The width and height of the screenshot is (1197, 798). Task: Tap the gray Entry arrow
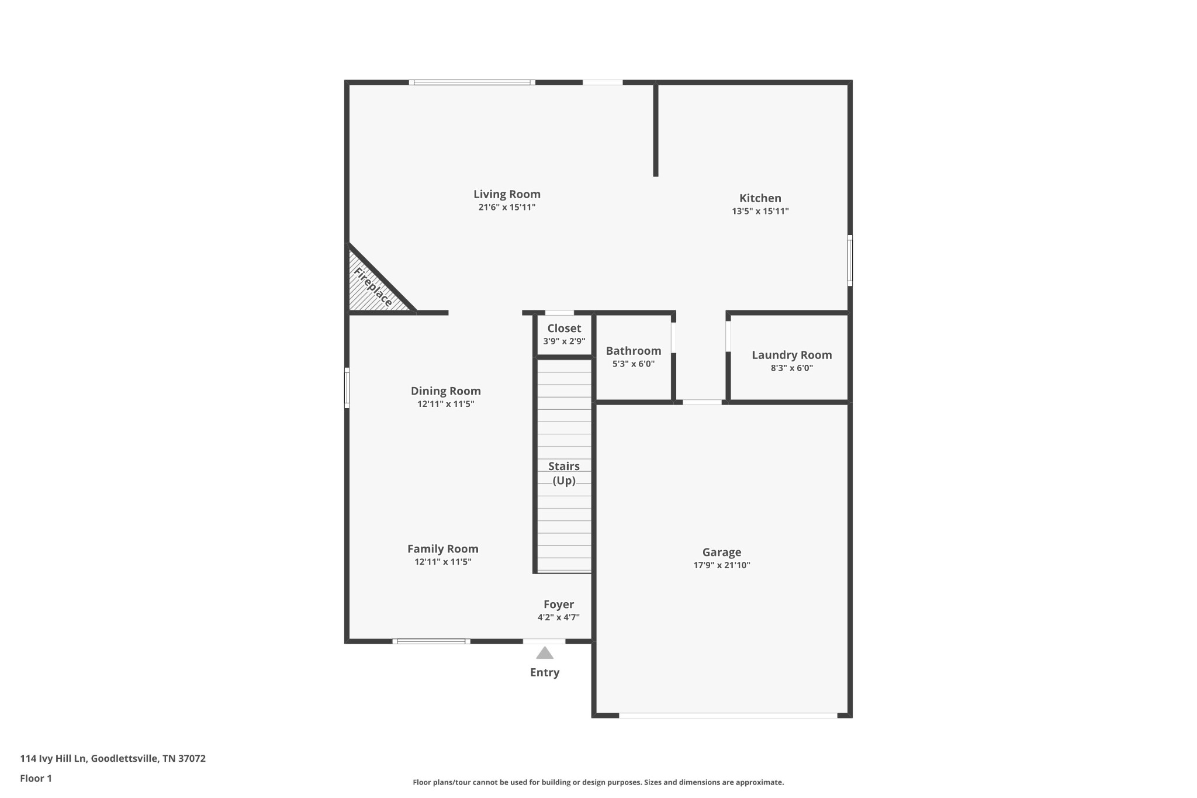pos(545,653)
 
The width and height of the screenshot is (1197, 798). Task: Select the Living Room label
pos(507,194)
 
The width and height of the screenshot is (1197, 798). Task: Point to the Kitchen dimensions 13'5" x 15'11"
pos(760,211)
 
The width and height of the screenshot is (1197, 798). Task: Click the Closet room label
pos(564,329)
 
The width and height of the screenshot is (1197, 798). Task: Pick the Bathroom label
pos(633,351)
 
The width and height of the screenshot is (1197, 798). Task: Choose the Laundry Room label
pos(791,355)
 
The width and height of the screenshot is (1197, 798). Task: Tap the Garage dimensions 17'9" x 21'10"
pos(721,565)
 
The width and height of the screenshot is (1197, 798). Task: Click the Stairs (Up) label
pos(564,473)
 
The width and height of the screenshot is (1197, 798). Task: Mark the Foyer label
pos(559,604)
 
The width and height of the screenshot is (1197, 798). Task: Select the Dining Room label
pos(445,391)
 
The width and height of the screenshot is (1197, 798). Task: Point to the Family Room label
pos(442,549)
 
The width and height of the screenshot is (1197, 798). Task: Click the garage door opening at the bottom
pos(728,715)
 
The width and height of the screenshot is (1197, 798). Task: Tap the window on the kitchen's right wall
pos(850,260)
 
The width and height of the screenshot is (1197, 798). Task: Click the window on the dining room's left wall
pos(347,388)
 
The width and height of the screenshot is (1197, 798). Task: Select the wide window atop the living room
pos(472,82)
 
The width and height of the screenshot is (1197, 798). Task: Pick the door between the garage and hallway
pos(702,402)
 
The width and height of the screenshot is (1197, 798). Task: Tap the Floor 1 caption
pos(36,778)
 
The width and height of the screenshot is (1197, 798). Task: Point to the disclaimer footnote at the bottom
pos(598,782)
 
